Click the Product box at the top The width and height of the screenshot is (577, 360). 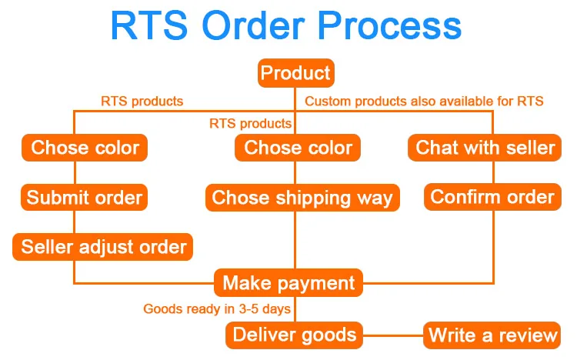tap(295, 74)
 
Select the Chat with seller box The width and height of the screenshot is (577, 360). tap(485, 148)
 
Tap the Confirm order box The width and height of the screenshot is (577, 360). tap(492, 197)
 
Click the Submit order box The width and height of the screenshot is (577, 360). tap(85, 198)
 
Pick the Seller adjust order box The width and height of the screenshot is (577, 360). tap(103, 247)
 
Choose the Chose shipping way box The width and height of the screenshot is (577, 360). tap(302, 198)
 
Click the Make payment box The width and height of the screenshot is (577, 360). tap(288, 282)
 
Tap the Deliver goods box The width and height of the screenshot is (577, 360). tap(295, 335)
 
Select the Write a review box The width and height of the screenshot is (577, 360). tap(492, 335)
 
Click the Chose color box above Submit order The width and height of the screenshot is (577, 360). tap(85, 148)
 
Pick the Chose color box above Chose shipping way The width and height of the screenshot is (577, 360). tap(298, 148)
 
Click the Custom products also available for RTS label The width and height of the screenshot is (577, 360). tap(424, 102)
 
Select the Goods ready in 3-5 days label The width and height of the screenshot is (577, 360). tap(217, 309)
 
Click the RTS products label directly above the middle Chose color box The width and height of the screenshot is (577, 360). tap(250, 123)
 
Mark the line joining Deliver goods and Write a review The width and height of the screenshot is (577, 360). tap(392, 335)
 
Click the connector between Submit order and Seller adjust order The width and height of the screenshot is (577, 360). tap(74, 222)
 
